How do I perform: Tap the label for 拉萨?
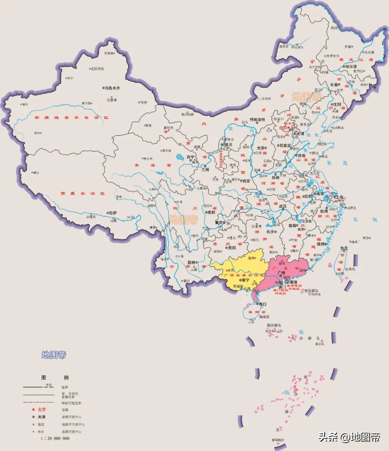pos(113,213)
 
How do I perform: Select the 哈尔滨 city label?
pos(350,66)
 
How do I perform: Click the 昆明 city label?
pos(191,263)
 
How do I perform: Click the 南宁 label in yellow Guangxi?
pos(245,280)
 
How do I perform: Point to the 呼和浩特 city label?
pos(258,120)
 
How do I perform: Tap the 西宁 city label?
pos(191,157)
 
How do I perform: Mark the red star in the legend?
pos(33,410)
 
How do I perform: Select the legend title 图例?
pos(55,378)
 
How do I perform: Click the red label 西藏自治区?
pos(82,193)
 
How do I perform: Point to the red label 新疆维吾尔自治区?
pos(71,117)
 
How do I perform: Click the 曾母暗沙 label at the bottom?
pos(277,440)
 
